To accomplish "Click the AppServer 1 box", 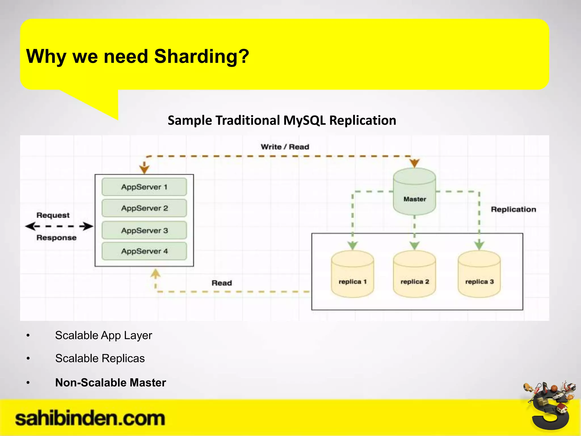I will [x=144, y=187].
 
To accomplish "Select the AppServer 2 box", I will [x=144, y=208].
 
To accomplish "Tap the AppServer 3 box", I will [x=144, y=230].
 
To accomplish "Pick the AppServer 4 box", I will [x=144, y=251].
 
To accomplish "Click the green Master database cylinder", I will [x=414, y=193].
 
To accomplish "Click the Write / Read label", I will [x=285, y=147].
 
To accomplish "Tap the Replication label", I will [x=513, y=209].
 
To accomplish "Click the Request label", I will [x=53, y=215].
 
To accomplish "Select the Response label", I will [x=56, y=238].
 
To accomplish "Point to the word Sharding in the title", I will [x=201, y=56].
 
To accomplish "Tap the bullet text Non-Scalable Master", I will [x=110, y=383].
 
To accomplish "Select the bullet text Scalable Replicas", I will [x=100, y=359].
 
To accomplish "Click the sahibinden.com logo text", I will [x=90, y=419].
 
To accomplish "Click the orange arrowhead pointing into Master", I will [x=414, y=163].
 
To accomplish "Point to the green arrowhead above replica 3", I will [x=479, y=245].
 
